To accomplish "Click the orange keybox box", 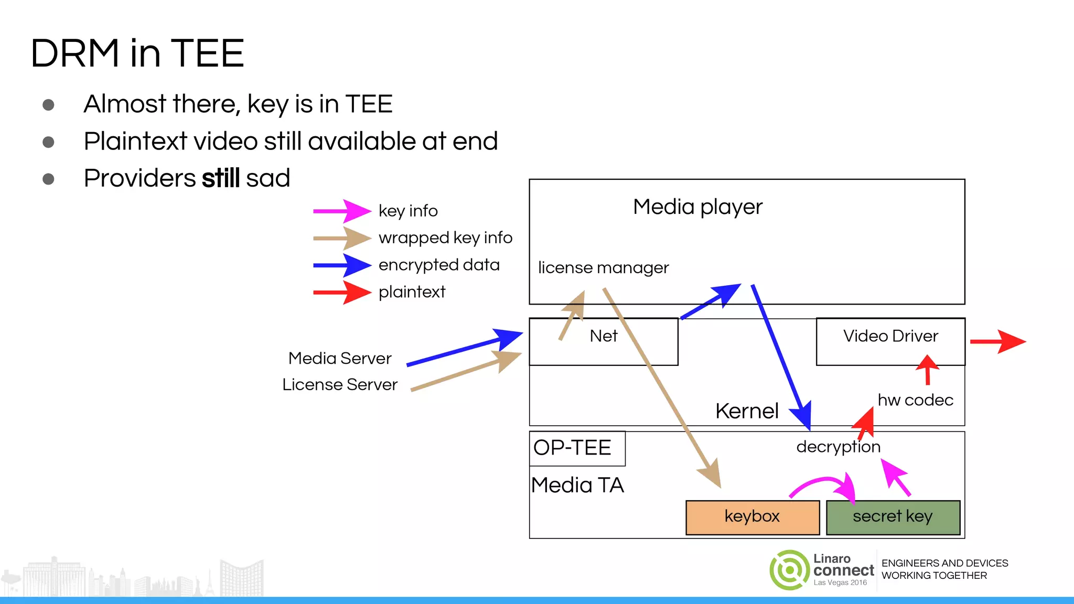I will click(x=752, y=517).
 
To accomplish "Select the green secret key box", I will click(x=893, y=517).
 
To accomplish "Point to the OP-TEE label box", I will click(x=577, y=448).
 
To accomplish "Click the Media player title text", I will click(x=697, y=207).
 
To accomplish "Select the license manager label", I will click(x=603, y=268).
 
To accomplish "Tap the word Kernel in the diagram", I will click(x=747, y=411).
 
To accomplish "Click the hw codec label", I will click(x=915, y=401).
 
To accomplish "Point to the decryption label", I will click(x=838, y=447).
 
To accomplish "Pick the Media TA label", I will click(x=577, y=486).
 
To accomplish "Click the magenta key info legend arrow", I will click(x=342, y=211).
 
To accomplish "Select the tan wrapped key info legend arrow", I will click(x=342, y=238).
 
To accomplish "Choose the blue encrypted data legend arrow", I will click(x=342, y=265).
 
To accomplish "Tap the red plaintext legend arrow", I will click(x=342, y=292).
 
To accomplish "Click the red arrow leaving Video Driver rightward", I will click(x=997, y=341).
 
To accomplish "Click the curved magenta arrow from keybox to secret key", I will click(x=823, y=482).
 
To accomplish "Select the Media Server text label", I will click(x=340, y=359).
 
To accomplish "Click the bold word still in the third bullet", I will click(x=221, y=178).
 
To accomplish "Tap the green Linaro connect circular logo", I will click(x=789, y=570).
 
